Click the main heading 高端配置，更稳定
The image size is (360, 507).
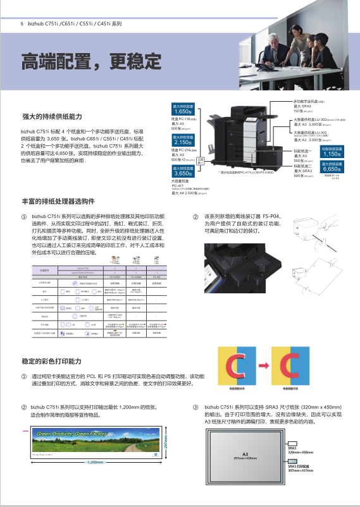(92, 62)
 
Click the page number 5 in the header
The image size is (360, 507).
(23, 23)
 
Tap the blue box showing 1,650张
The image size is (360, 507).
(183, 110)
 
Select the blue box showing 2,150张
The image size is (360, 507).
(183, 141)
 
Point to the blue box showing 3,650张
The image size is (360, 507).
(183, 171)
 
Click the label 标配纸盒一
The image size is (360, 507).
(302, 151)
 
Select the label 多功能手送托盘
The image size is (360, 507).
(307, 101)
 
